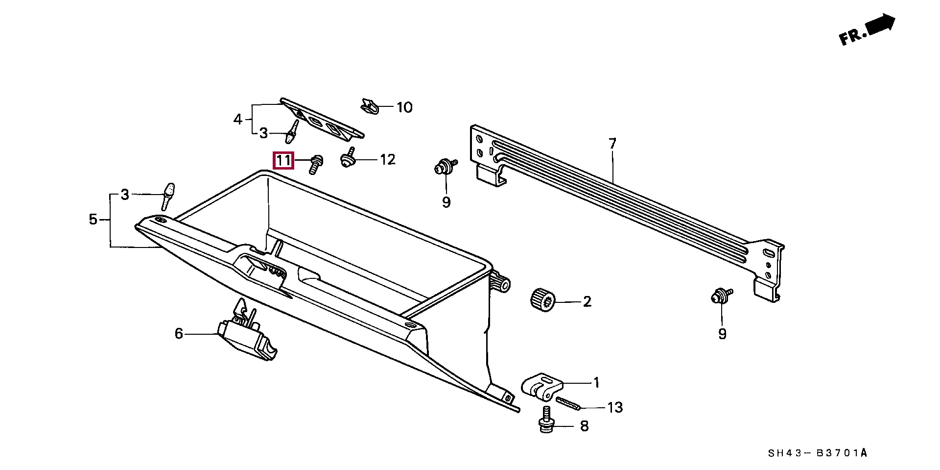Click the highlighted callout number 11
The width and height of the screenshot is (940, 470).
[283, 160]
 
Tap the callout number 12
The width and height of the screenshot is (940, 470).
[387, 160]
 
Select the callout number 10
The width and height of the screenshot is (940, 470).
[404, 107]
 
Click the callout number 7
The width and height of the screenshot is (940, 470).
[612, 144]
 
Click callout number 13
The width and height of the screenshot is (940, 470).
[615, 407]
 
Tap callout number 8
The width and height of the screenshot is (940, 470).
[584, 426]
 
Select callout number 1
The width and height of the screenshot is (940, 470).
[596, 383]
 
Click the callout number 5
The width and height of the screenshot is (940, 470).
[93, 220]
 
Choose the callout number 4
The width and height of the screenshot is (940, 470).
[238, 119]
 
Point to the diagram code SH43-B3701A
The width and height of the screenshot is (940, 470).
[817, 453]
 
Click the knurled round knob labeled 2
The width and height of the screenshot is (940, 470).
[542, 299]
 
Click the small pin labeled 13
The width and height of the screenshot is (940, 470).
[568, 403]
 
